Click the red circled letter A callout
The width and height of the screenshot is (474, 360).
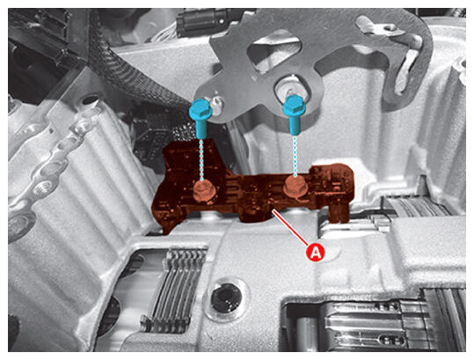click(x=317, y=252)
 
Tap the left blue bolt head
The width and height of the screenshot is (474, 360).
click(x=201, y=108)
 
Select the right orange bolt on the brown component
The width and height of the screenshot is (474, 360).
click(x=295, y=185)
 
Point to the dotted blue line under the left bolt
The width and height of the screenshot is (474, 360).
click(x=201, y=158)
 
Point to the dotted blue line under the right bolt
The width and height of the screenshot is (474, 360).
click(x=295, y=155)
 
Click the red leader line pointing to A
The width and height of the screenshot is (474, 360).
click(x=290, y=227)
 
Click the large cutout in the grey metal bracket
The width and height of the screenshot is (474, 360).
click(x=273, y=50)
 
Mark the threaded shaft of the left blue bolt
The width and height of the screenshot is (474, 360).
click(x=201, y=128)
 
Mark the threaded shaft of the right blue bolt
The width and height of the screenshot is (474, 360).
click(x=295, y=125)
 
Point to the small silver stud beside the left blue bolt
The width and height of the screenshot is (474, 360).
click(x=215, y=103)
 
